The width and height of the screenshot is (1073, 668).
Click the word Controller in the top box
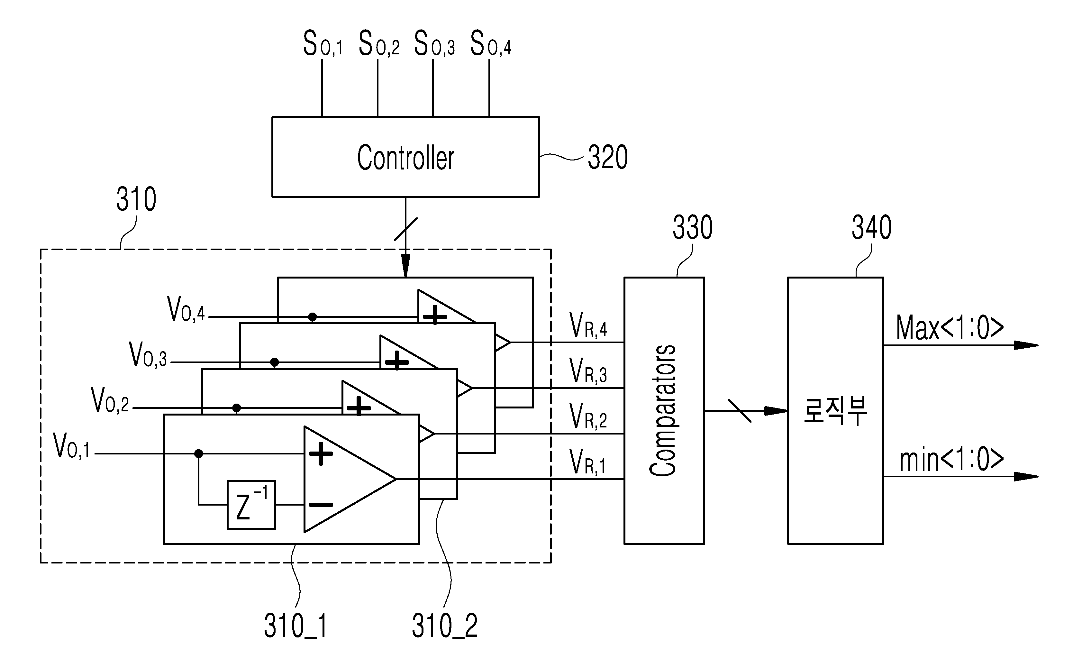[x=405, y=157]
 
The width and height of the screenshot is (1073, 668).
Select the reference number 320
[x=608, y=157]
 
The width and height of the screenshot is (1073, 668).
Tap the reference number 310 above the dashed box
[x=136, y=199]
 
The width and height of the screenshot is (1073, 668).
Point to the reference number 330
[x=692, y=227]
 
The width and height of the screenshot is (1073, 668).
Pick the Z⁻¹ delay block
[x=251, y=505]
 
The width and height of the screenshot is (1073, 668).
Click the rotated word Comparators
[x=663, y=410]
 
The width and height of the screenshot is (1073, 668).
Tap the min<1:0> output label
[x=951, y=460]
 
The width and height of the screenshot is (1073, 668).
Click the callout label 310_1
[x=296, y=626]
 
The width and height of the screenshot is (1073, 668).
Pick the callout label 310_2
[x=445, y=626]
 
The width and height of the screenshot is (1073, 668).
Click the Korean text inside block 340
[x=835, y=410]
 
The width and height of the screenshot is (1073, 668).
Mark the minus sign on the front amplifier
[x=321, y=505]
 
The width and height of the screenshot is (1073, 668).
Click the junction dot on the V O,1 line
[x=199, y=453]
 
